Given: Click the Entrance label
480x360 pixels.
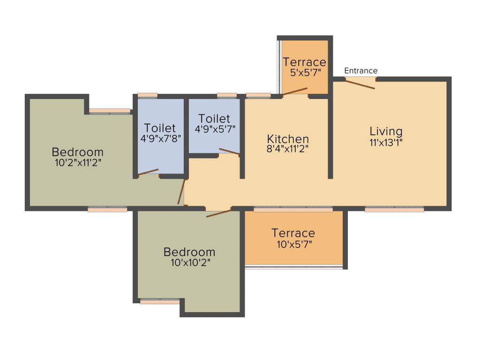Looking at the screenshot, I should click(360, 71).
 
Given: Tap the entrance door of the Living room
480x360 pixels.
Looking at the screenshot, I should click(360, 83).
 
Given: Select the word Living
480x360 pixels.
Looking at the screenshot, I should click(386, 131).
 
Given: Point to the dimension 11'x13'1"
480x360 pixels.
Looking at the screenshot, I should click(386, 142).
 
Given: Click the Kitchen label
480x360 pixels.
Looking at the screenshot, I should click(288, 139).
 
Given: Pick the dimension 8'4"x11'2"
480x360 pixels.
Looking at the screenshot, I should click(288, 150).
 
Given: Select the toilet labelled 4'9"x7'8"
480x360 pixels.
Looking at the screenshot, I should click(160, 133).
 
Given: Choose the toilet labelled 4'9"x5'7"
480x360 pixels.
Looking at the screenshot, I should click(214, 123).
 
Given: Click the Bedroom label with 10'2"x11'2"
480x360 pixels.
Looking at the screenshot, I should click(77, 152).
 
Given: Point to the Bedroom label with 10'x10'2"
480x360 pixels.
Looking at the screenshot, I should click(189, 252).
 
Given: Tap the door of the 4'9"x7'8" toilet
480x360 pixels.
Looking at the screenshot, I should click(148, 172).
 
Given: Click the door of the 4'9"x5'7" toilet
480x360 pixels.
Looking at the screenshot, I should click(229, 151).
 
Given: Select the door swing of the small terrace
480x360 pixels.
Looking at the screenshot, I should click(294, 91).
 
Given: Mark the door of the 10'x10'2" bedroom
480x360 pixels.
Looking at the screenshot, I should click(218, 213).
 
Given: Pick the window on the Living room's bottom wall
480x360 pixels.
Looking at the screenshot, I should click(394, 210).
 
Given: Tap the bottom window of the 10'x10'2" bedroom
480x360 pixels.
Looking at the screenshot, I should click(159, 301).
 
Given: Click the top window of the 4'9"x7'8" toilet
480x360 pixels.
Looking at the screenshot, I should click(147, 95).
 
